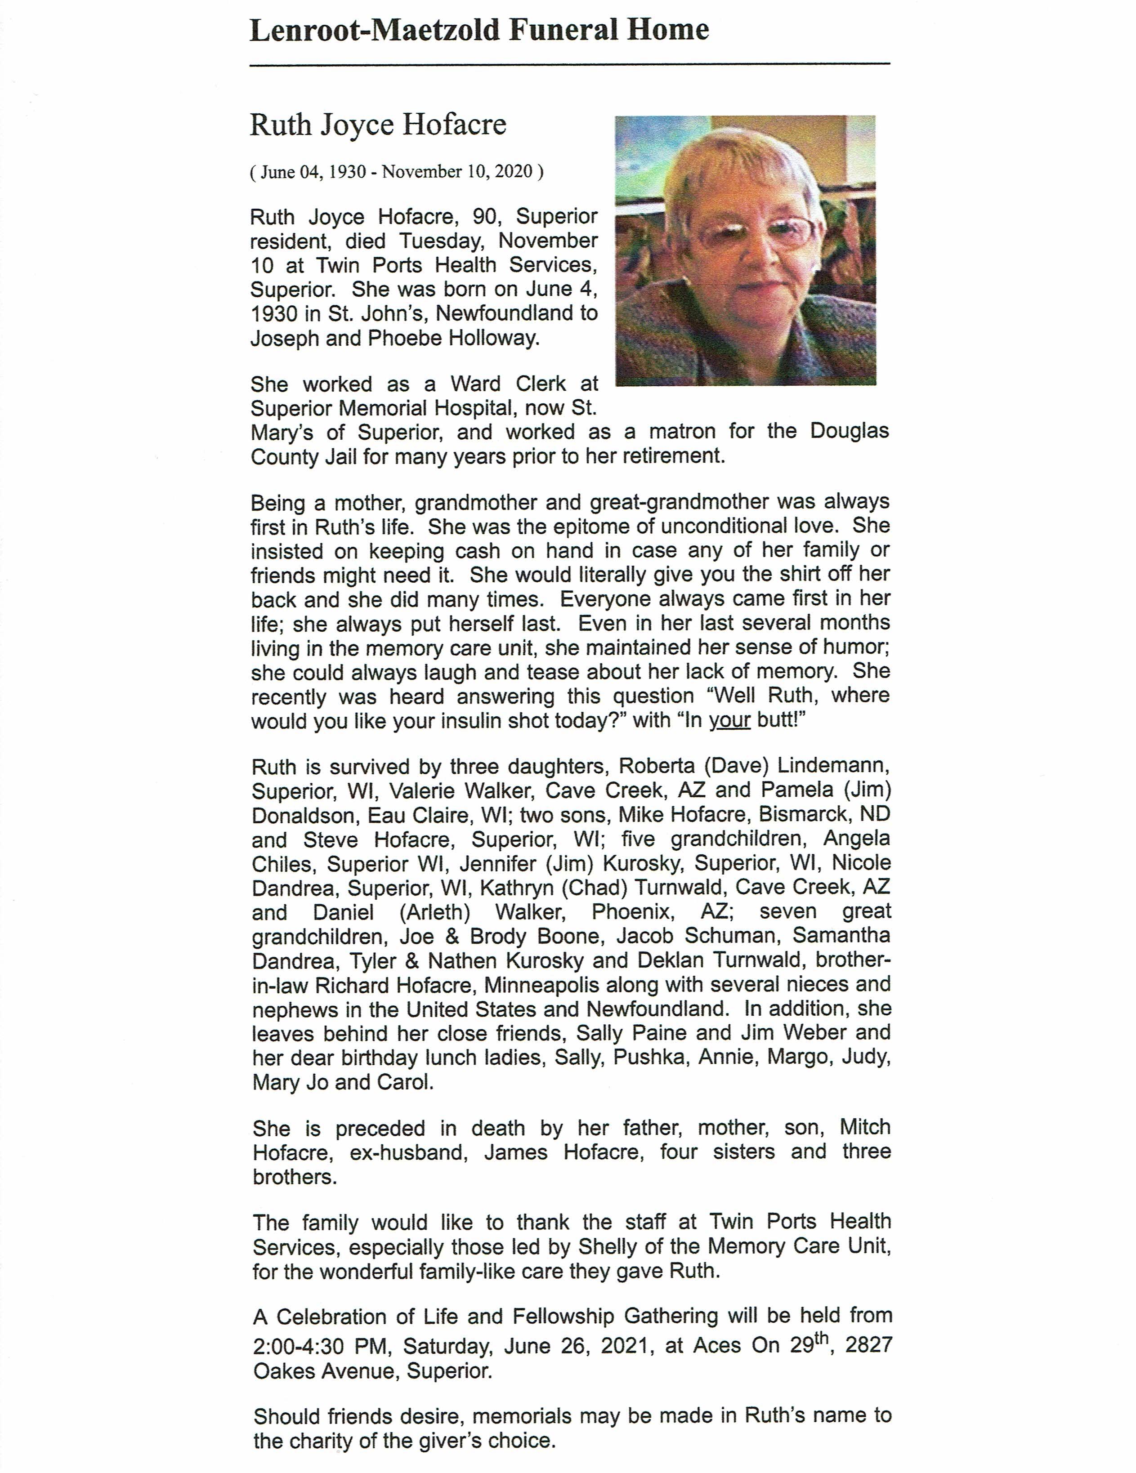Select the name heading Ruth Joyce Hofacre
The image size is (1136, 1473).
pos(378,125)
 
